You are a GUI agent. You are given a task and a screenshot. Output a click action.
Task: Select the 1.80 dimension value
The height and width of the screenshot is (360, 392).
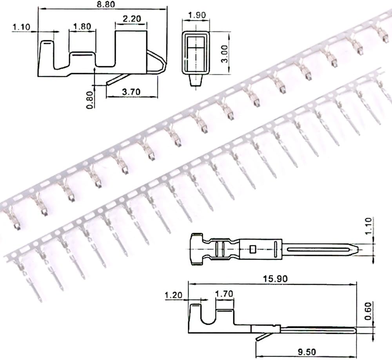[82, 27]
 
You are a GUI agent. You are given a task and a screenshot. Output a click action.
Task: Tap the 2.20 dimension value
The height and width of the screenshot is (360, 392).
[131, 18]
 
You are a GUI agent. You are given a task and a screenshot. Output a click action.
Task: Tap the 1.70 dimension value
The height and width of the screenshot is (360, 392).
[224, 294]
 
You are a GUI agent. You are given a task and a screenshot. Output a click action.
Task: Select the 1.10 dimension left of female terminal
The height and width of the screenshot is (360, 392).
[21, 27]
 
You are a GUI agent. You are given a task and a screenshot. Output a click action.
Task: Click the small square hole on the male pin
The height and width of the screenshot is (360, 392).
[253, 249]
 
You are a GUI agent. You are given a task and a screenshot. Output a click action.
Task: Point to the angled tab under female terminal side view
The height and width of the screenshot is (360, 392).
[118, 80]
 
